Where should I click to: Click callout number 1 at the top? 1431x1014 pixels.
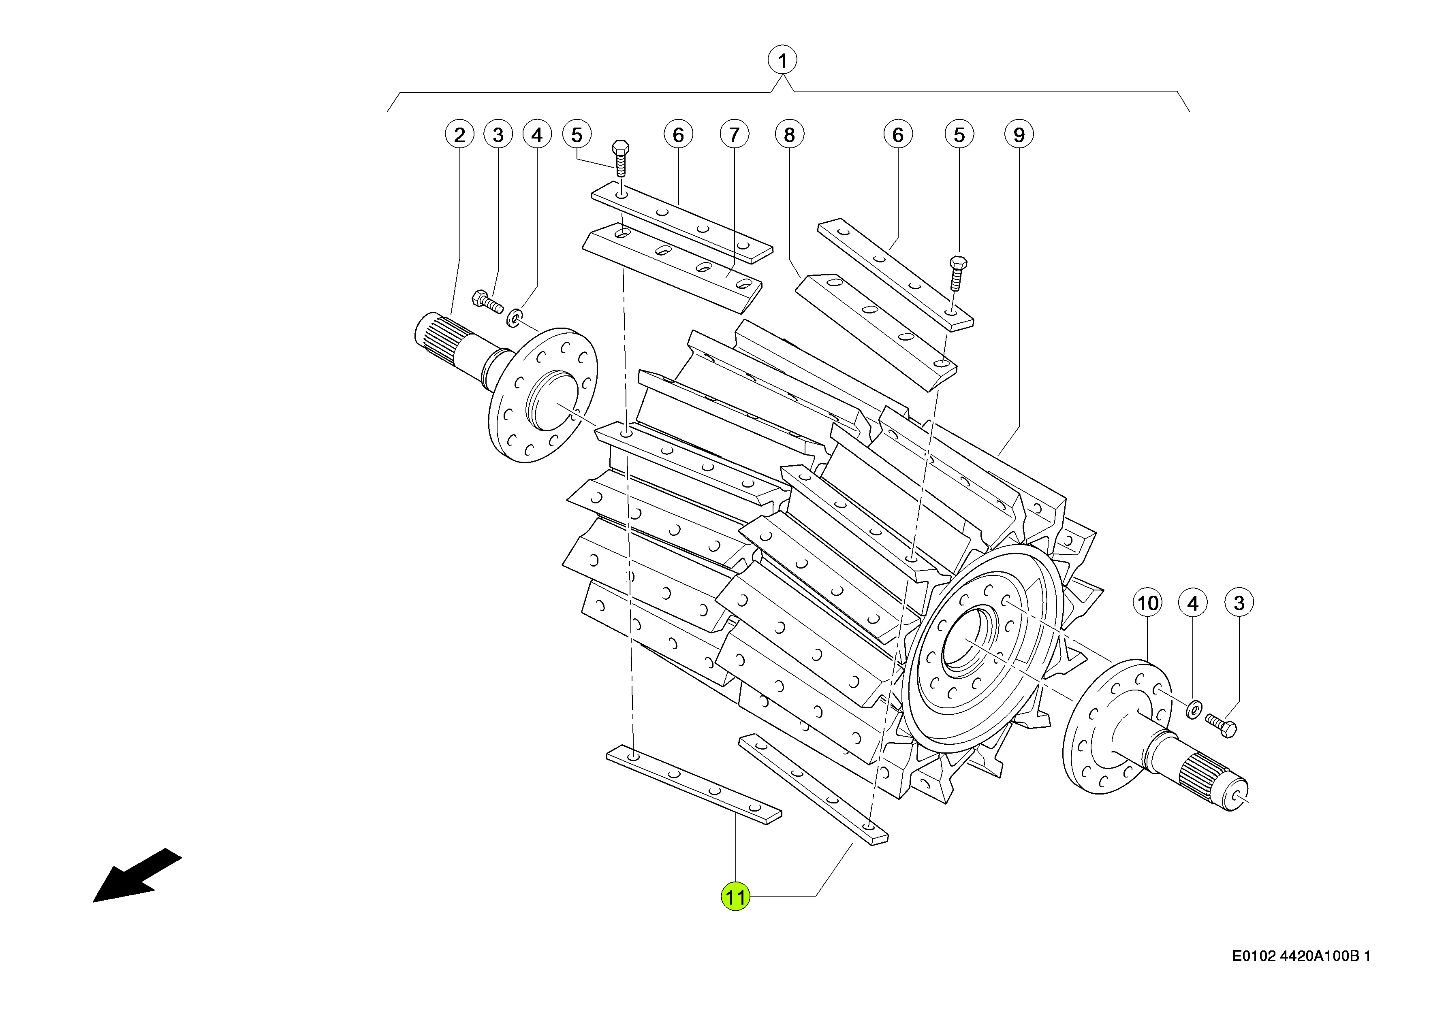pos(782,61)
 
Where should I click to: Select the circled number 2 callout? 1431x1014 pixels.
pos(460,135)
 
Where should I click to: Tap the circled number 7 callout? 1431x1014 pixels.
pos(734,135)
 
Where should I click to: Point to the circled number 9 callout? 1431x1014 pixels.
pos(1019,135)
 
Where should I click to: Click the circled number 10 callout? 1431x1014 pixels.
pos(1147,603)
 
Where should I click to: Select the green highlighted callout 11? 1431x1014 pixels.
pos(735,897)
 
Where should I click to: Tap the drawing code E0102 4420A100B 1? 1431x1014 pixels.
pos(1301,956)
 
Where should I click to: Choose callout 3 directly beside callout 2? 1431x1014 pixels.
pos(498,135)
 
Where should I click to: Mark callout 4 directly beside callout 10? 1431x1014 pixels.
pos(1192,603)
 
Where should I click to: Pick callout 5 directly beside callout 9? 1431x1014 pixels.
pos(959,135)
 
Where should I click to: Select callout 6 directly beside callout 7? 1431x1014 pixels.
pos(678,135)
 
